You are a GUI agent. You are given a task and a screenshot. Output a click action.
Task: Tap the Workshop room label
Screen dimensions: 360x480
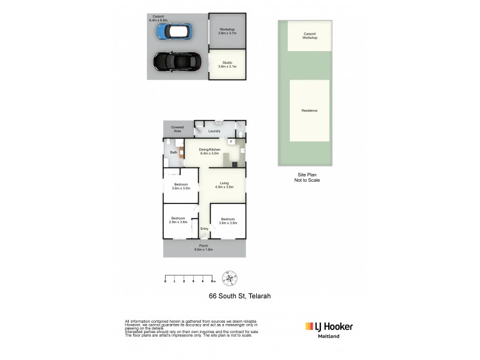227,31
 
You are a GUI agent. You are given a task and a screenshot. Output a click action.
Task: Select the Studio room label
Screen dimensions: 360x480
227,64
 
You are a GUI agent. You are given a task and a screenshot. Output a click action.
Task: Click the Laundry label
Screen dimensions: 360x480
214,131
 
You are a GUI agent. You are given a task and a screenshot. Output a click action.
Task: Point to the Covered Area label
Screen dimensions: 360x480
178,129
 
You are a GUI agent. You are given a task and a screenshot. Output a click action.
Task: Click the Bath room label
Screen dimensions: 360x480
173,152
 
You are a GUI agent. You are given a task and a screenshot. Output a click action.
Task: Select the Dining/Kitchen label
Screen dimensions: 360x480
210,151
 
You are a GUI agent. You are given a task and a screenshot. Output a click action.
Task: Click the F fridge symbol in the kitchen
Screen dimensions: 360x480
232,142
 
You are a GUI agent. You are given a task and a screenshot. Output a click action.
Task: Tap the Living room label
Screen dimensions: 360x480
224,185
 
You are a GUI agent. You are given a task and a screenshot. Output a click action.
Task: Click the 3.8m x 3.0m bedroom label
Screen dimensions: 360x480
181,186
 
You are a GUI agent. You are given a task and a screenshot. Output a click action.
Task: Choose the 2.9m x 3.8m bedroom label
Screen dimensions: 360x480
179,220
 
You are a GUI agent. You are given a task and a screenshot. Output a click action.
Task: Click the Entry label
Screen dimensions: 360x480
205,229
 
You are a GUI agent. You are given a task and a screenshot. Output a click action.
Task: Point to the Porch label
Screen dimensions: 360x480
204,247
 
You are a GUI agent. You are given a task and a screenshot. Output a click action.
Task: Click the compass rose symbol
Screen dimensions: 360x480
229,278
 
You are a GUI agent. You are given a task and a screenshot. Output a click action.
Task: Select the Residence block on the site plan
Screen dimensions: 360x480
310,110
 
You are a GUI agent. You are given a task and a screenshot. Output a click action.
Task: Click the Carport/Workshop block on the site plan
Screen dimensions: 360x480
310,36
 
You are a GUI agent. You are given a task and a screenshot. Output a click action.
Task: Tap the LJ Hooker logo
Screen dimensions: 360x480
329,327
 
